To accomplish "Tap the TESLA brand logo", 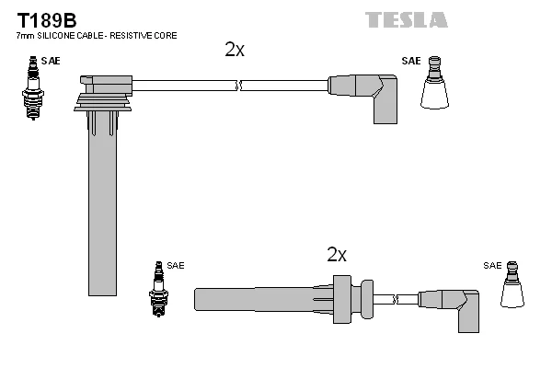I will pos(406,19).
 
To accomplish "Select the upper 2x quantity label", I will pos(235,51).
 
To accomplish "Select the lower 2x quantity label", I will pos(337,255).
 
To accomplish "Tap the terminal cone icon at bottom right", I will pos(515,286).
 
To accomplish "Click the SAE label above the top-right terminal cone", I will pos(410,61).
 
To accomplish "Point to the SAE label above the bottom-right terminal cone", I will pos(493,265).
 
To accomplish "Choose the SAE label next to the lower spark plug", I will pos(176,265).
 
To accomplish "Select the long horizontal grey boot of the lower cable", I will pos(267,299).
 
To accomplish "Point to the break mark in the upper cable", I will pos(238,86).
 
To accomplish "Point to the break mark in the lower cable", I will pos(394,299).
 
